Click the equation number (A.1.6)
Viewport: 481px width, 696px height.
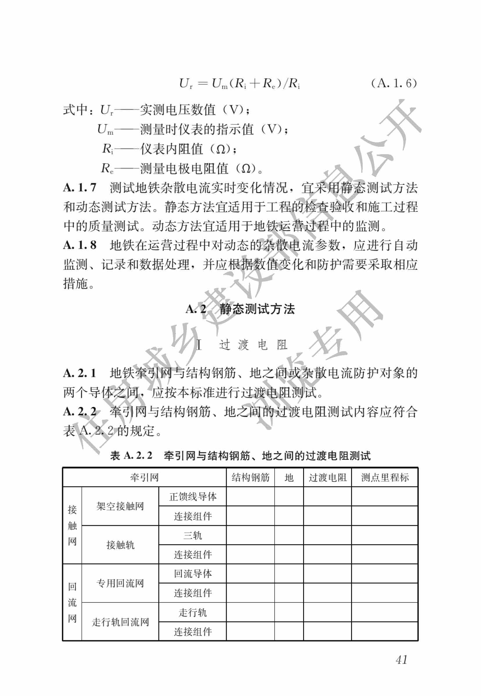[x=394, y=83]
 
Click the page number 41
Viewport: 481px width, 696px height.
[x=401, y=660]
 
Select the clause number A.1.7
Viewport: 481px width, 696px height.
[x=80, y=188]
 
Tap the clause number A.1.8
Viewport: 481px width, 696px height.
[x=80, y=245]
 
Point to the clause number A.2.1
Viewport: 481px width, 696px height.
[x=80, y=373]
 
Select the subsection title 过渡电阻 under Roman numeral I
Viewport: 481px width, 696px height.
[x=253, y=345]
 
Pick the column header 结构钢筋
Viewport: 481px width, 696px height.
[x=251, y=477]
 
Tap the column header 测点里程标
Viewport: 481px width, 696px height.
[x=385, y=477]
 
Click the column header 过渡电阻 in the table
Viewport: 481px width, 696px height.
[x=328, y=477]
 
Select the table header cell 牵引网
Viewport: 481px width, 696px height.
[x=144, y=477]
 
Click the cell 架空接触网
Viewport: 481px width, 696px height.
[x=120, y=506]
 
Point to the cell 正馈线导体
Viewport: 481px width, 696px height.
[x=193, y=497]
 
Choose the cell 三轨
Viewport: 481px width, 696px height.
[x=193, y=535]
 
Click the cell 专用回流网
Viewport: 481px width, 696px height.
[x=120, y=583]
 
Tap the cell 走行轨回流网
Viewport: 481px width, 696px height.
[x=120, y=622]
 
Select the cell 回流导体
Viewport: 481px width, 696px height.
[x=193, y=574]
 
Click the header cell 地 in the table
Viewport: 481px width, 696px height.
[x=289, y=477]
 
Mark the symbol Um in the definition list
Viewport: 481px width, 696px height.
[x=105, y=130]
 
